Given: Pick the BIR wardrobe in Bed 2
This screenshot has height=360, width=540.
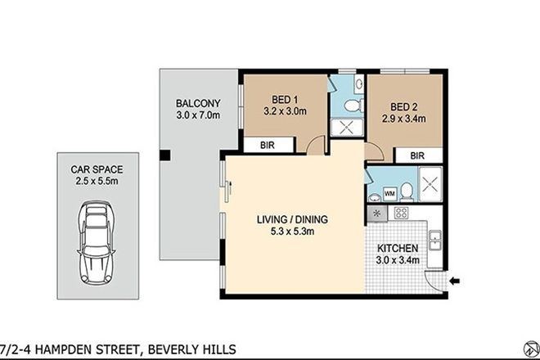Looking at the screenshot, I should click(417, 155).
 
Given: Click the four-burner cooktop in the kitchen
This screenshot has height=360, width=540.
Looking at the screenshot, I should click(401, 213).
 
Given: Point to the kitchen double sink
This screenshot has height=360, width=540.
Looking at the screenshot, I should click(436, 240).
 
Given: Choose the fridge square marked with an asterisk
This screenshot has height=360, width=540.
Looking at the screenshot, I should click(376, 213).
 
